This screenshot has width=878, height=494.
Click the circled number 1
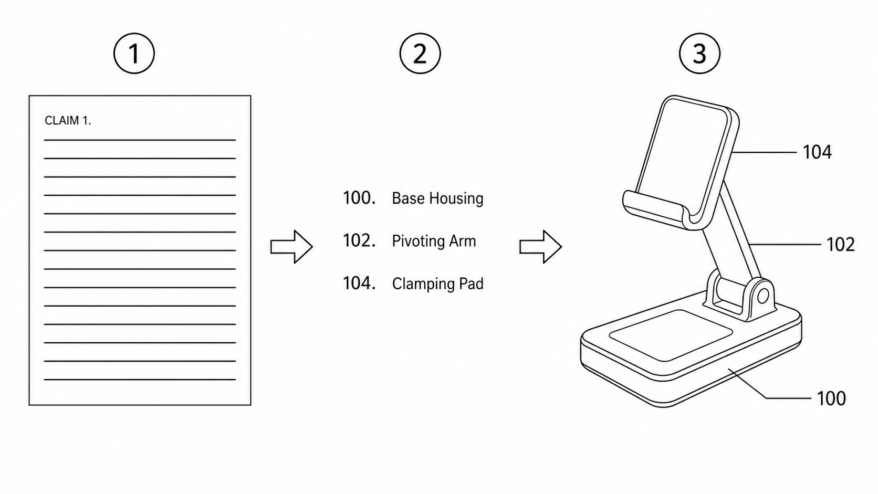coord(134,53)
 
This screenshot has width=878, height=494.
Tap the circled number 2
coord(420,53)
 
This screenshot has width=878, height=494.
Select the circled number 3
coord(699,53)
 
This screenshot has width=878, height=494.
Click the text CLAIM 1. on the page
coord(68,121)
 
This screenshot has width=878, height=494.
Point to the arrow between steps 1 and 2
coord(291,246)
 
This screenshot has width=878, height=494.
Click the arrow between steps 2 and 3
coord(540,246)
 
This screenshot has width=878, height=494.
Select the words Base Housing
coord(437,198)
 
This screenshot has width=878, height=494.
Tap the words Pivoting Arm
coord(434,241)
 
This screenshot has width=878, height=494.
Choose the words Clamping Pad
coord(437,283)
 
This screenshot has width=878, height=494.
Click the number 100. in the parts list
coord(359,198)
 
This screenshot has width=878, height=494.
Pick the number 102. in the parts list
coord(359,240)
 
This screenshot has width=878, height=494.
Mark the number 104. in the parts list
coord(359,283)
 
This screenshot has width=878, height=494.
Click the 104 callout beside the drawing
coord(817,152)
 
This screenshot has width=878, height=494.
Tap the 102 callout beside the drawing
coord(841,245)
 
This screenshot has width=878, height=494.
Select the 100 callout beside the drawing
coord(831,398)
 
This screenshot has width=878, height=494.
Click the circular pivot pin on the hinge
coord(763,296)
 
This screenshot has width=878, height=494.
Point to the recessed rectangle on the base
coord(671,335)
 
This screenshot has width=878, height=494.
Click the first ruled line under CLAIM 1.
coord(140,140)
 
